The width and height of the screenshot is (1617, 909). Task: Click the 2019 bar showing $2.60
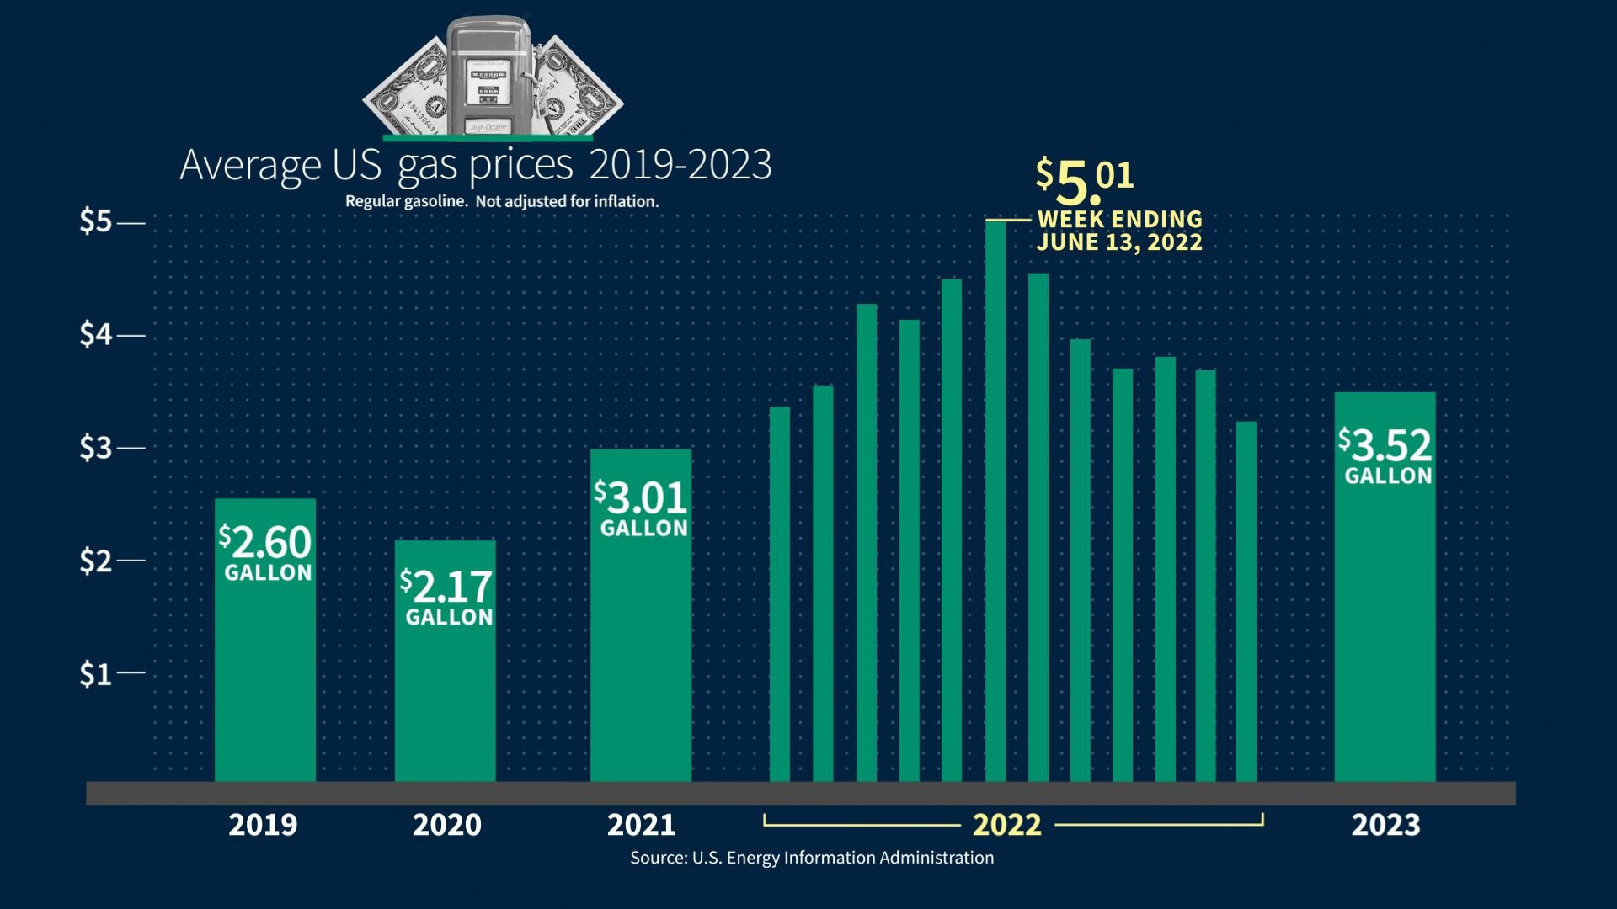point(265,640)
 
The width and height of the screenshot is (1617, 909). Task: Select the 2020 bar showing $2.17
point(446,661)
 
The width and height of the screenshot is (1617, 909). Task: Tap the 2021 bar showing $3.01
point(641,615)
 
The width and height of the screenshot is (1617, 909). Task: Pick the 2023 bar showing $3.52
point(1385,587)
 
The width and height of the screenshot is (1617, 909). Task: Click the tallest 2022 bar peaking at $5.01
point(995,501)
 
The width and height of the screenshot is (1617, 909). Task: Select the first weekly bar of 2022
point(780,594)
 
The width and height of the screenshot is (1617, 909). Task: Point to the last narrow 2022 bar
point(1246,602)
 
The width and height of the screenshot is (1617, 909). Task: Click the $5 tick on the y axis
point(131,223)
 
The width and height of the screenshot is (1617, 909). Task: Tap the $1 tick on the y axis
point(131,672)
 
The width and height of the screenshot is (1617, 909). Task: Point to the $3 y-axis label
point(95,448)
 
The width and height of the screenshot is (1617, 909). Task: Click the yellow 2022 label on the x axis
point(1007,825)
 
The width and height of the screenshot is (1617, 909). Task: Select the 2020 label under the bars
point(446,825)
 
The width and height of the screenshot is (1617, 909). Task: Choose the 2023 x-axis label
point(1385,825)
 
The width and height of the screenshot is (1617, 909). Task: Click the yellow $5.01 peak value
point(1085,180)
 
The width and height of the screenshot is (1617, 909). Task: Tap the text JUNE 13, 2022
point(1119,242)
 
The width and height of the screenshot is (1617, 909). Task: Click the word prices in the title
point(521,166)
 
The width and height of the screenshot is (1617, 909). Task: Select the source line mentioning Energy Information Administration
point(812,858)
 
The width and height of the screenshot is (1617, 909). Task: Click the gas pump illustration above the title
point(489,76)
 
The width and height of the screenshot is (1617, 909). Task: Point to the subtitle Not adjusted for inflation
point(567,202)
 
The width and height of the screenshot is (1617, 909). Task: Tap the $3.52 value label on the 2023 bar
point(1385,445)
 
